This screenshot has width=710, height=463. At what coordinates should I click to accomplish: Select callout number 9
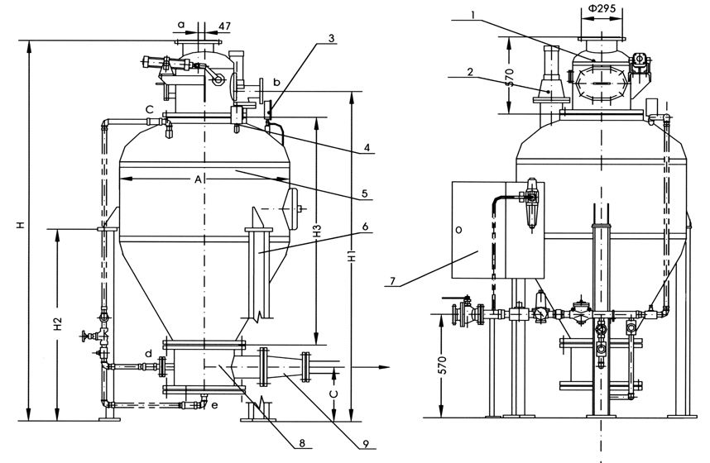tap(364, 444)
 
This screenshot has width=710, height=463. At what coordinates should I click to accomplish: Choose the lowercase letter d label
tap(148, 354)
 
